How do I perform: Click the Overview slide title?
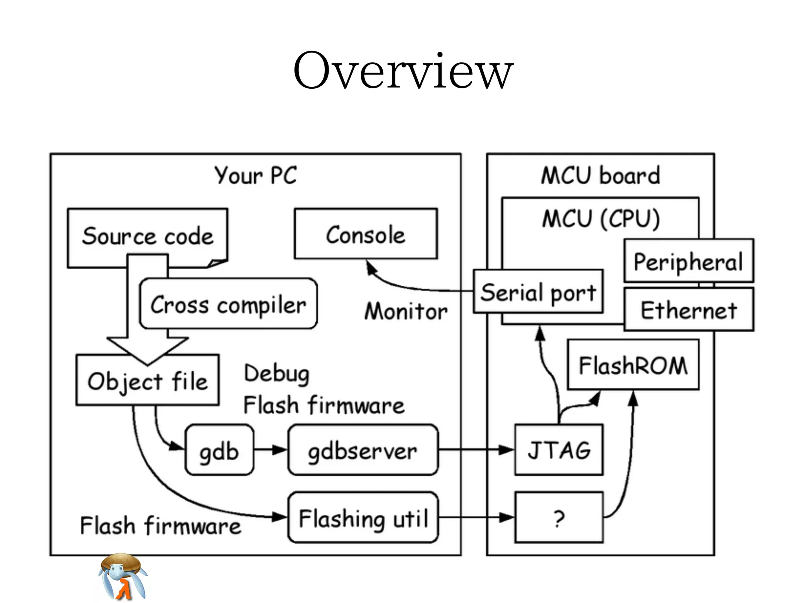403,71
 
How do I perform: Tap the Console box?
365,234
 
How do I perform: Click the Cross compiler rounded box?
228,304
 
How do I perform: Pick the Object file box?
147,380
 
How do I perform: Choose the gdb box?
219,450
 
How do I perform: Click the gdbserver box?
362,450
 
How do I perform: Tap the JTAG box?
558,450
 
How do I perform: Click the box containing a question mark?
558,518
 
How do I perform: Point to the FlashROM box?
633,365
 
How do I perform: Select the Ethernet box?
689,310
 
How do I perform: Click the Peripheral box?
689,261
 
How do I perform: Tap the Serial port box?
538,292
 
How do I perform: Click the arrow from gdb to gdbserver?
270,450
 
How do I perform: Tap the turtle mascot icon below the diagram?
122,577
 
